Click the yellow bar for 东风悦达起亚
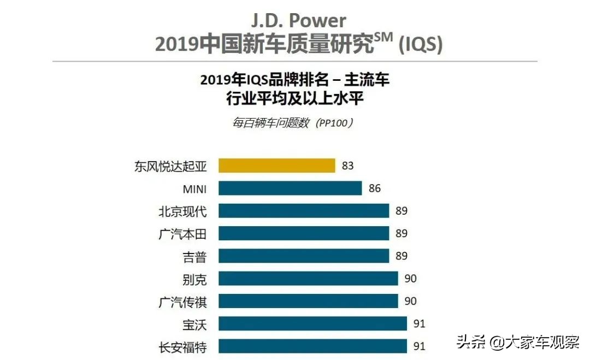coord(277,166)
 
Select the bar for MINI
coord(290,188)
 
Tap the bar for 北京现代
coord(304,211)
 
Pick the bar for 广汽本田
coord(304,234)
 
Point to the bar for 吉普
coord(304,256)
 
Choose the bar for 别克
coord(308,279)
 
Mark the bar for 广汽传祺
coord(308,301)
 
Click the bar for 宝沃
coord(312,323)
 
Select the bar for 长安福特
coord(312,346)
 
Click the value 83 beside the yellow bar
coord(348,166)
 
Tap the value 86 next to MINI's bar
coord(375,188)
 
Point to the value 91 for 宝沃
coord(419,323)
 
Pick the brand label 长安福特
coord(182,346)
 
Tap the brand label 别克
coord(194,279)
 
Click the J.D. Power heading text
coord(298,21)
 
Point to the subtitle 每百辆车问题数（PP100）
coord(293,123)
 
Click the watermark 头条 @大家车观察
coord(517,343)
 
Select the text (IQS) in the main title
coord(420,45)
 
